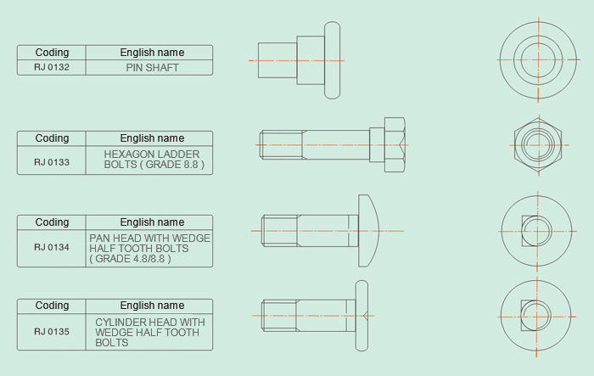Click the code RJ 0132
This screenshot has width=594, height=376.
[52, 68]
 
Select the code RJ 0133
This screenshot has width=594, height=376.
[52, 160]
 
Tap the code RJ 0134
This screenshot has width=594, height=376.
[52, 247]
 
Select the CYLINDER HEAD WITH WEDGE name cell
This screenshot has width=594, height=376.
[149, 332]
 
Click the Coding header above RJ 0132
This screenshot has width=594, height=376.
[52, 53]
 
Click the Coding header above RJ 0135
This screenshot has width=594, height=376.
[52, 306]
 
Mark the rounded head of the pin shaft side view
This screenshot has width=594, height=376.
[333, 60]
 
